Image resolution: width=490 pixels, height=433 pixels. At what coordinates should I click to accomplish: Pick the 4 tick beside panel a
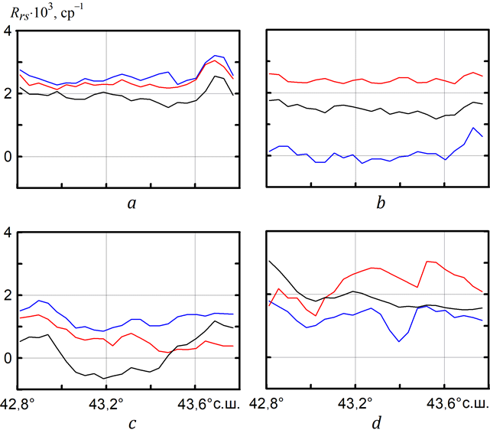[7, 31]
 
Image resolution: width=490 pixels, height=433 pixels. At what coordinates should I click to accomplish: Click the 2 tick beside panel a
[7, 94]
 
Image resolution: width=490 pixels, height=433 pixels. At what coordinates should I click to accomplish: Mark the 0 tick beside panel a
[7, 157]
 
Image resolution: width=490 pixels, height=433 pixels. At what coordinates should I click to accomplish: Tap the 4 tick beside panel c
[7, 233]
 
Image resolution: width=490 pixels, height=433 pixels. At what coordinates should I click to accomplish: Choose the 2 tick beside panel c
[7, 295]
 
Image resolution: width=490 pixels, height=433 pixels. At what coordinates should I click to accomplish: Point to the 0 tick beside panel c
[7, 358]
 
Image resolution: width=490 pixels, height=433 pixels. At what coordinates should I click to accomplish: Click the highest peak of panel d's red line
[427, 262]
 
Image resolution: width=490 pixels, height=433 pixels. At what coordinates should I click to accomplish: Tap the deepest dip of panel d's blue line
[399, 341]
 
